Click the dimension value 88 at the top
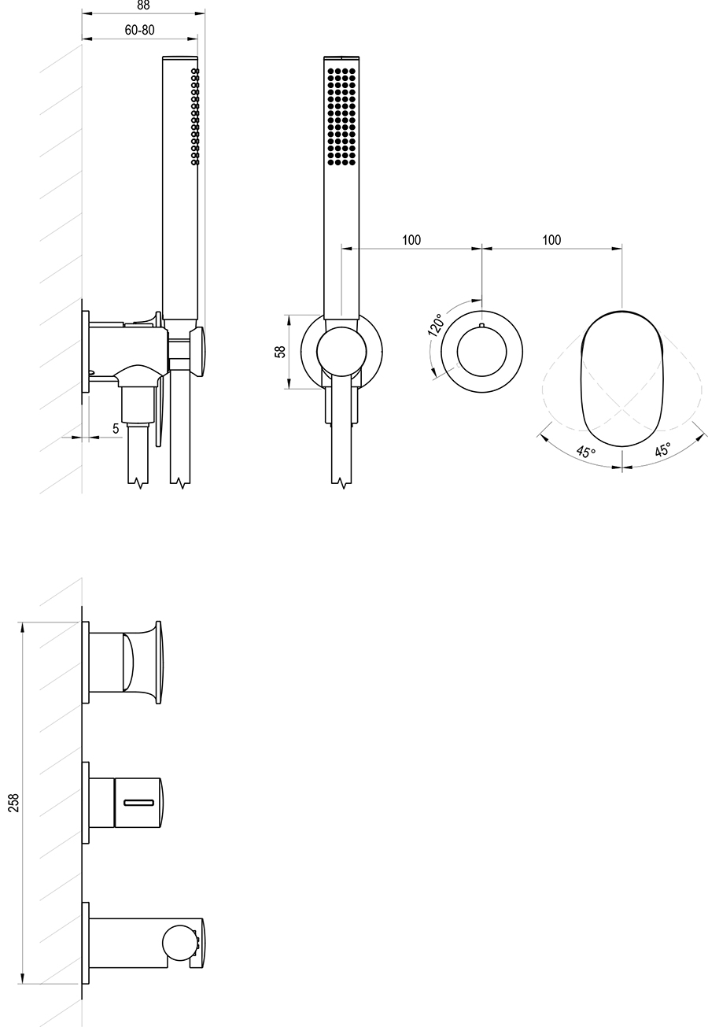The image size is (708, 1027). click(x=143, y=5)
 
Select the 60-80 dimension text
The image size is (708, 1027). click(x=139, y=30)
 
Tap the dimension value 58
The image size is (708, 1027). click(x=281, y=352)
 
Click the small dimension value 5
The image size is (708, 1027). click(x=116, y=428)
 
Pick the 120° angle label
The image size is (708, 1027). click(x=436, y=325)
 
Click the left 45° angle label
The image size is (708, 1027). click(x=585, y=451)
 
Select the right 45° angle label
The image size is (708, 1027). click(x=662, y=449)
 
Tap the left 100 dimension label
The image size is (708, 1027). click(x=411, y=240)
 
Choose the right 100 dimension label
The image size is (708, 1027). click(x=551, y=240)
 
